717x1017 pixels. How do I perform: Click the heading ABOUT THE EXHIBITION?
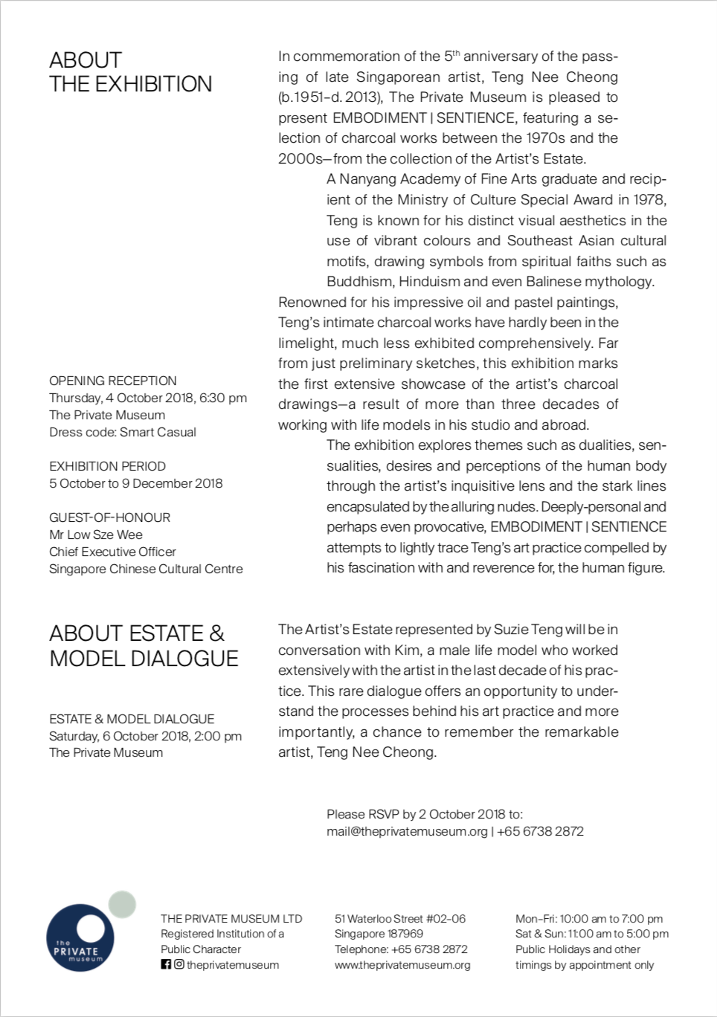pyautogui.click(x=130, y=72)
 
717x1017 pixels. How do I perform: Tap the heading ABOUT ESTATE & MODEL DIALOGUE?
pyautogui.click(x=144, y=645)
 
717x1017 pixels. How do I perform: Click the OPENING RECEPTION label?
pyautogui.click(x=113, y=381)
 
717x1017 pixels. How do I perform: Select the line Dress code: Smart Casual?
pyautogui.click(x=123, y=432)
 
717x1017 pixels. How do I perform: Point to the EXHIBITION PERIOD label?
pyautogui.click(x=107, y=466)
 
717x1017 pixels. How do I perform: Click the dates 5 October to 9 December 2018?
pyautogui.click(x=135, y=483)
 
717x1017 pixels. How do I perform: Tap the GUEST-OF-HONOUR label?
pyautogui.click(x=109, y=517)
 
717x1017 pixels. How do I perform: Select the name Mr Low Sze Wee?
pyautogui.click(x=96, y=535)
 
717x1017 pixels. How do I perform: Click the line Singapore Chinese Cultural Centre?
pyautogui.click(x=146, y=569)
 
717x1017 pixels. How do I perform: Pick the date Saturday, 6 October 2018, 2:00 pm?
pyautogui.click(x=145, y=736)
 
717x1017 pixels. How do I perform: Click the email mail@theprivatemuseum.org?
pyautogui.click(x=407, y=831)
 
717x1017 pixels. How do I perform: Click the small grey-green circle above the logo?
pyautogui.click(x=122, y=904)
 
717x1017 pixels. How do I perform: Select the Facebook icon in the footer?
pyautogui.click(x=166, y=964)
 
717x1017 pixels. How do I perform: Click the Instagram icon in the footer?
pyautogui.click(x=179, y=964)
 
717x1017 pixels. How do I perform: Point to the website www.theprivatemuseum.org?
pyautogui.click(x=402, y=965)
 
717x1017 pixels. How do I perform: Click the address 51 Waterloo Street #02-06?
pyautogui.click(x=400, y=919)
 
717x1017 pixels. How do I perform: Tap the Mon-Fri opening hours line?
pyautogui.click(x=589, y=919)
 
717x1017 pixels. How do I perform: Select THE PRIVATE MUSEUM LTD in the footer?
pyautogui.click(x=231, y=919)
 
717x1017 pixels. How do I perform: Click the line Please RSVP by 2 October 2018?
pyautogui.click(x=424, y=814)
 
